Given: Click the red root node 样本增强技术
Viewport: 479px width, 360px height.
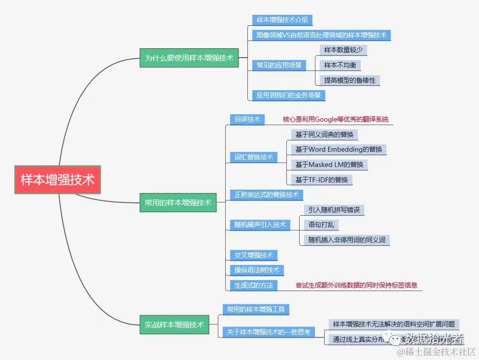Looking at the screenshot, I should coord(58,180).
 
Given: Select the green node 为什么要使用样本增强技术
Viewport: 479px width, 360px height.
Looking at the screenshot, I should coord(189,58).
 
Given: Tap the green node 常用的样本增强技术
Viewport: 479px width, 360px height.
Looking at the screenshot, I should coord(178,202).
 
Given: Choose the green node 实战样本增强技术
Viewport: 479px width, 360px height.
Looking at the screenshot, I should coord(174,325).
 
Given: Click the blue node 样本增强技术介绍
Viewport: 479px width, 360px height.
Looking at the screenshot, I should coord(282,20).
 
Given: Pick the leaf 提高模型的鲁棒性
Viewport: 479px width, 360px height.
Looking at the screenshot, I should coord(350,80).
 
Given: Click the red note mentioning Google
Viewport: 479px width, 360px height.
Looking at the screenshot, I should coord(336,119).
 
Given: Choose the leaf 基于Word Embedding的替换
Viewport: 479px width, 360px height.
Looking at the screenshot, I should coord(339,149).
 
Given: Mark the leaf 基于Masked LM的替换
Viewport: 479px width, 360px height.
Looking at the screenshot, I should coord(329,164).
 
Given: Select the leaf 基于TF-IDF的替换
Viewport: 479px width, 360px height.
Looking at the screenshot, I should coord(322,180).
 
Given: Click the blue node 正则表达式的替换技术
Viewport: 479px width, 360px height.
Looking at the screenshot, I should coord(267,195).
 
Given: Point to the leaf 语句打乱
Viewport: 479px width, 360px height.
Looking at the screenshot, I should coord(321,225).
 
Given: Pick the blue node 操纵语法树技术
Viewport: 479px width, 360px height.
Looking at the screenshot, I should coord(257,270).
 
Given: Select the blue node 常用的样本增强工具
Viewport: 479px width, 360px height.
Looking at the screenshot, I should coord(255,309).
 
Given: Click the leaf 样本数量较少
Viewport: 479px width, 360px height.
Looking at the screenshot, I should coord(343,50).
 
